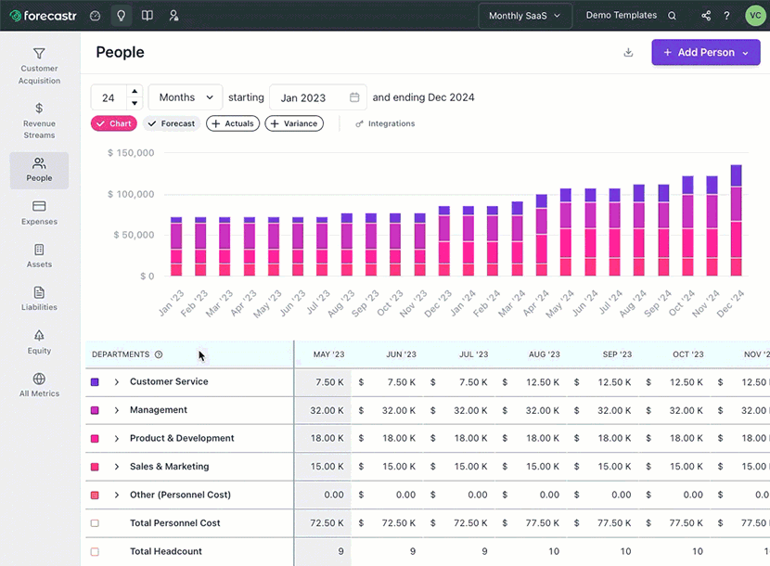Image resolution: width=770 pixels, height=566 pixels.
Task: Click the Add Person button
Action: [x=705, y=53]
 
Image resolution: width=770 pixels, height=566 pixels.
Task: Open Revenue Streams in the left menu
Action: [x=39, y=121]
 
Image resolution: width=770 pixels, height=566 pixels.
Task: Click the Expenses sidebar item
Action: [x=39, y=212]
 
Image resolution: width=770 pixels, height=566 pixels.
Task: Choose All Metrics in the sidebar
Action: [x=39, y=385]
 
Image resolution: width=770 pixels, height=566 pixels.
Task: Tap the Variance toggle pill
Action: [x=294, y=123]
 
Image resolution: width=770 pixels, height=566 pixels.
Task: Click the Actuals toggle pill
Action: [x=233, y=123]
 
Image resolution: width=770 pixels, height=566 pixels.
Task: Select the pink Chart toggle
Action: [x=114, y=123]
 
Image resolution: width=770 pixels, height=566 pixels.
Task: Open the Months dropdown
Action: [x=186, y=97]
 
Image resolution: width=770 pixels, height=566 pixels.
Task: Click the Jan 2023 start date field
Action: [x=318, y=97]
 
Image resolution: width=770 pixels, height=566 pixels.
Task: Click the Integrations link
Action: [x=385, y=123]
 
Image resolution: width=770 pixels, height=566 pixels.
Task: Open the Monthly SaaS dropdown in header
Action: [x=524, y=16]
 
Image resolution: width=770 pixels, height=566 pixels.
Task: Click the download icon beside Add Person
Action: [x=628, y=53]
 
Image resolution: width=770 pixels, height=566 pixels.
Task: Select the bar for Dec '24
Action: [x=737, y=221]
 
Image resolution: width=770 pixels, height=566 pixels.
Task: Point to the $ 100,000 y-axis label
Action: [x=131, y=194]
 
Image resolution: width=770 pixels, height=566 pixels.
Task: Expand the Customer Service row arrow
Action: [x=117, y=382]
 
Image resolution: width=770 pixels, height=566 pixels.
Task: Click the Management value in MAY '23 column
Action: [x=328, y=410]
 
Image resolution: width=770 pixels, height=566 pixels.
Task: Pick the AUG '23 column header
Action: [x=544, y=354]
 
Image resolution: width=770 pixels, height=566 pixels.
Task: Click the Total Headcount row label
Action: [x=165, y=551]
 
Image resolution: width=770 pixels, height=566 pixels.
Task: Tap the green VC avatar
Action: [x=753, y=16]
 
